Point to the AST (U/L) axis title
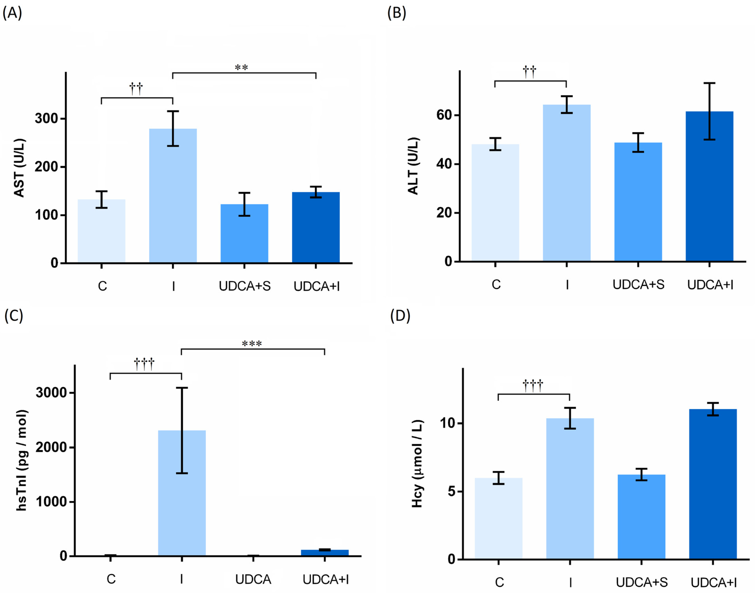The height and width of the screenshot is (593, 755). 19,168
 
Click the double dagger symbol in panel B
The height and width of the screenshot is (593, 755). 529,72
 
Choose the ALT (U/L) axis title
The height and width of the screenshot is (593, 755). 413,166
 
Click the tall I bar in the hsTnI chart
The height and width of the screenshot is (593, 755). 182,493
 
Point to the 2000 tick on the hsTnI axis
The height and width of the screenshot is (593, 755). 51,447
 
